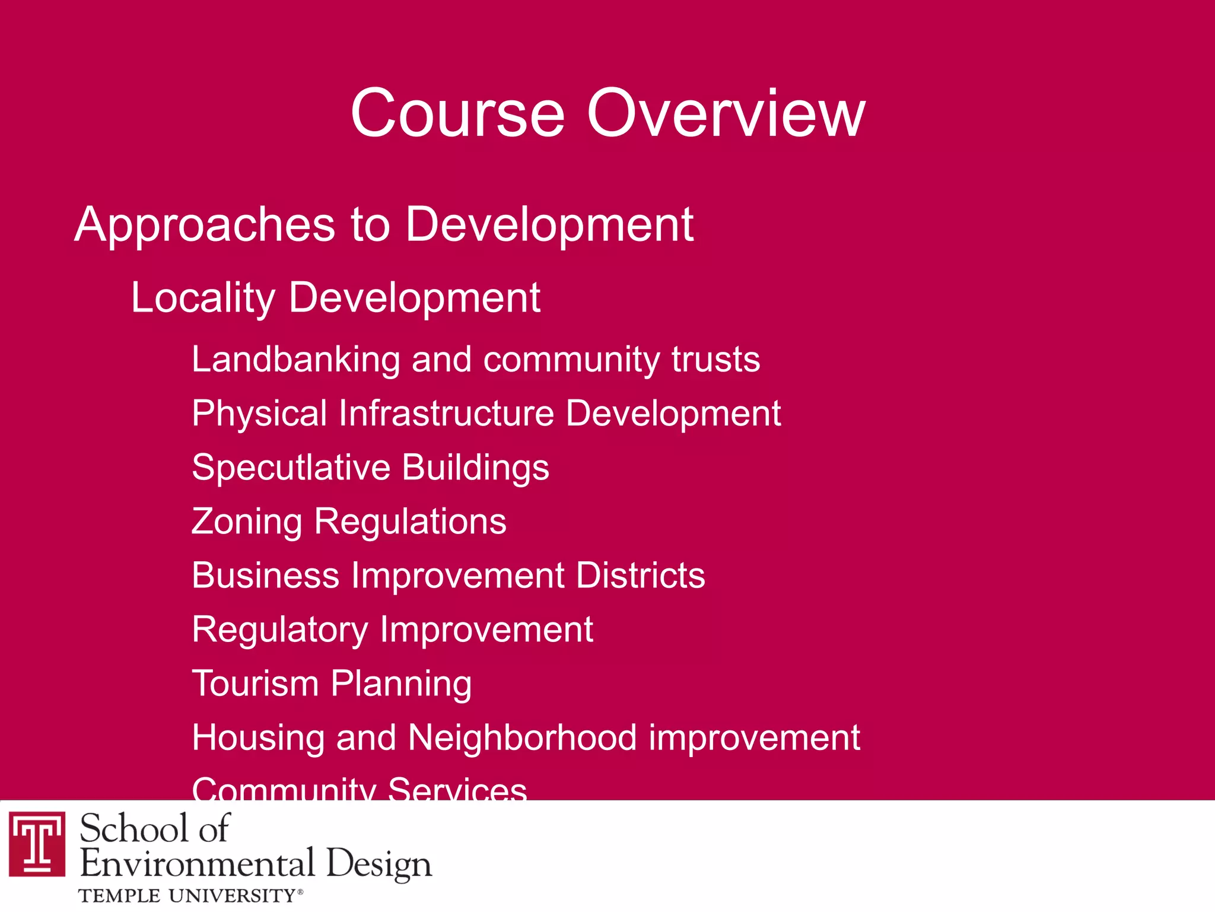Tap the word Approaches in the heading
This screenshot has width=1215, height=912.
205,225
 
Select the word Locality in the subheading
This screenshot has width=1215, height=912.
202,298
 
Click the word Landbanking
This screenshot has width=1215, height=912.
296,360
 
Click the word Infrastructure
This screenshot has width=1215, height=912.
446,414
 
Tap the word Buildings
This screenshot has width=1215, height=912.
475,468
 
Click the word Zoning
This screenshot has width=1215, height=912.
247,522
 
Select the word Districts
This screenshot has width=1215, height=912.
640,576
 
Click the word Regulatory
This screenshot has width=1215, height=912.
280,630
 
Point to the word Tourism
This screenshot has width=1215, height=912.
255,684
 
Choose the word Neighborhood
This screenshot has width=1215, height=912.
522,738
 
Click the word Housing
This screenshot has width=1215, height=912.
258,738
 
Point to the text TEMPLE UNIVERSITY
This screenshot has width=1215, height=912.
187,895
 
